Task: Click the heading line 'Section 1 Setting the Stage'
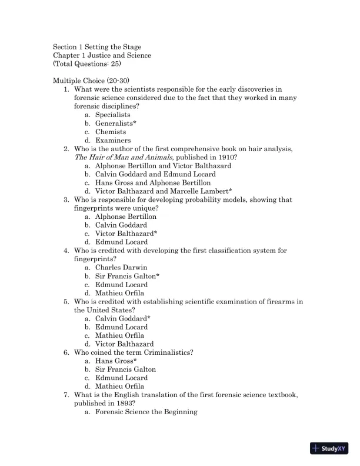pyautogui.click(x=97, y=47)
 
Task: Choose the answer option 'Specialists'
pyautogui.click(x=112, y=115)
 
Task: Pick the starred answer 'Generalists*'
pyautogui.click(x=115, y=124)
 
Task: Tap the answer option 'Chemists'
pyautogui.click(x=111, y=132)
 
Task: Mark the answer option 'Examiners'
pyautogui.click(x=113, y=141)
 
